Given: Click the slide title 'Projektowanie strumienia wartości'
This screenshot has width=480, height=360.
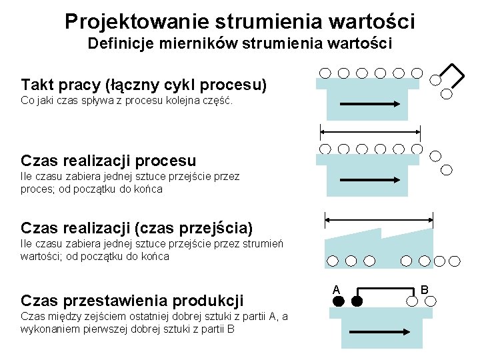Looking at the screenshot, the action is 240,21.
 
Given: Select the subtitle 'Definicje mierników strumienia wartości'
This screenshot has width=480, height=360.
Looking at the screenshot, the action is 240,45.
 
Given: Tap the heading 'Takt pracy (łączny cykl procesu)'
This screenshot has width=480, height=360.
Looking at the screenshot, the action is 144,85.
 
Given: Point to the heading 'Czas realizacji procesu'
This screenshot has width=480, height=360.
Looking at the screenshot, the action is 109,161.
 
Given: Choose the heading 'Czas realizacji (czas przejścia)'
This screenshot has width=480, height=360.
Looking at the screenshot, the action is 137,228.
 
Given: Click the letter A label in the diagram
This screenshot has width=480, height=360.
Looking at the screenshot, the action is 337,289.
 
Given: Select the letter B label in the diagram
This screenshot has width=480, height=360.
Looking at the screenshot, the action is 424,289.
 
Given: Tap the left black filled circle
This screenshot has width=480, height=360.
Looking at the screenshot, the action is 338,302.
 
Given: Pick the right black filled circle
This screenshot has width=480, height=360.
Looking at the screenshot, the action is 357,302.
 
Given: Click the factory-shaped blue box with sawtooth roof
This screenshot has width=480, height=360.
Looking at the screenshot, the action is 379,243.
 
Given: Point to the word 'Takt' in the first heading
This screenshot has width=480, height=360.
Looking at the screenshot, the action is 37,85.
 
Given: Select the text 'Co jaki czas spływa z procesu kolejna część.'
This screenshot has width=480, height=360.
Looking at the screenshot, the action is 127,101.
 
